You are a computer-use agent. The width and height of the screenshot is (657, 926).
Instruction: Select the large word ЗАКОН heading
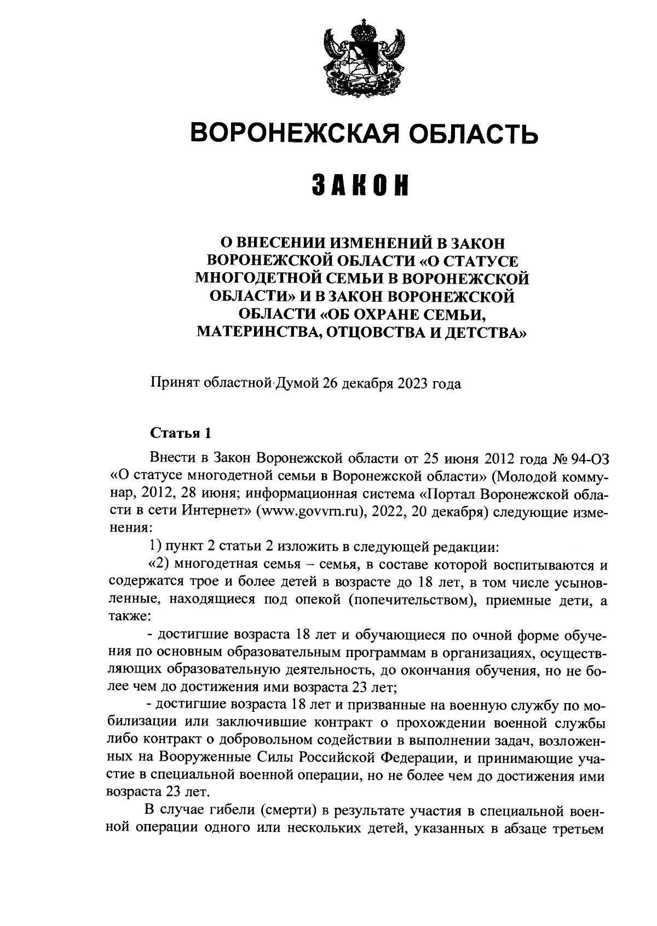pos(362,186)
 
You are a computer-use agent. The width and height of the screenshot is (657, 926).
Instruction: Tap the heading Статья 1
pos(180,433)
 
